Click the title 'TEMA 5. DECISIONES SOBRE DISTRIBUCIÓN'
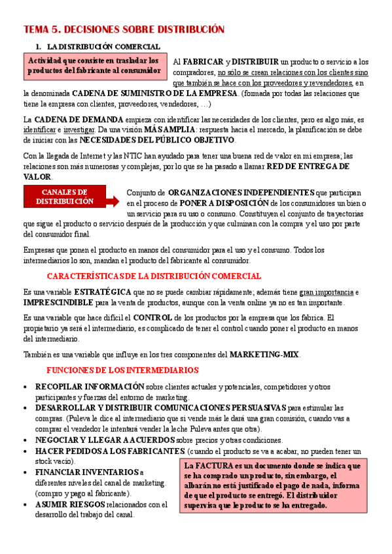[x=124, y=29]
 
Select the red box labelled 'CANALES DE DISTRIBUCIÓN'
[x=64, y=197]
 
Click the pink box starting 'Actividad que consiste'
[x=94, y=65]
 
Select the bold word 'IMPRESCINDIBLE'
[x=58, y=302]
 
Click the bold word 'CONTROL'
[x=152, y=318]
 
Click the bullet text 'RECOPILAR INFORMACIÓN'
[x=90, y=386]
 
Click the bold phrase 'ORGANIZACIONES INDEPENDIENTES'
[x=241, y=193]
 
